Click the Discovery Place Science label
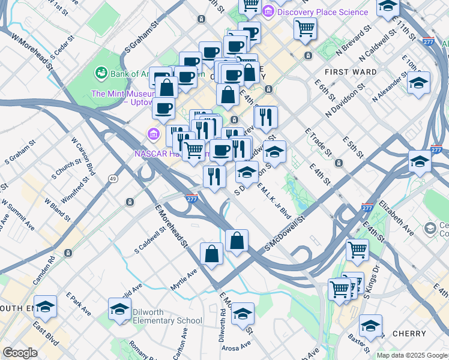(322, 12)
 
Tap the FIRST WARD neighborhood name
(351, 72)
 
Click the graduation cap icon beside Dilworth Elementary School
(120, 310)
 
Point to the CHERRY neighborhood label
(409, 333)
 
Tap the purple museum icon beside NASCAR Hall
(153, 132)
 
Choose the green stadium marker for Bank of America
(101, 73)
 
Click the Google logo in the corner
(20, 352)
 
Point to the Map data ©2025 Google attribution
(411, 355)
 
